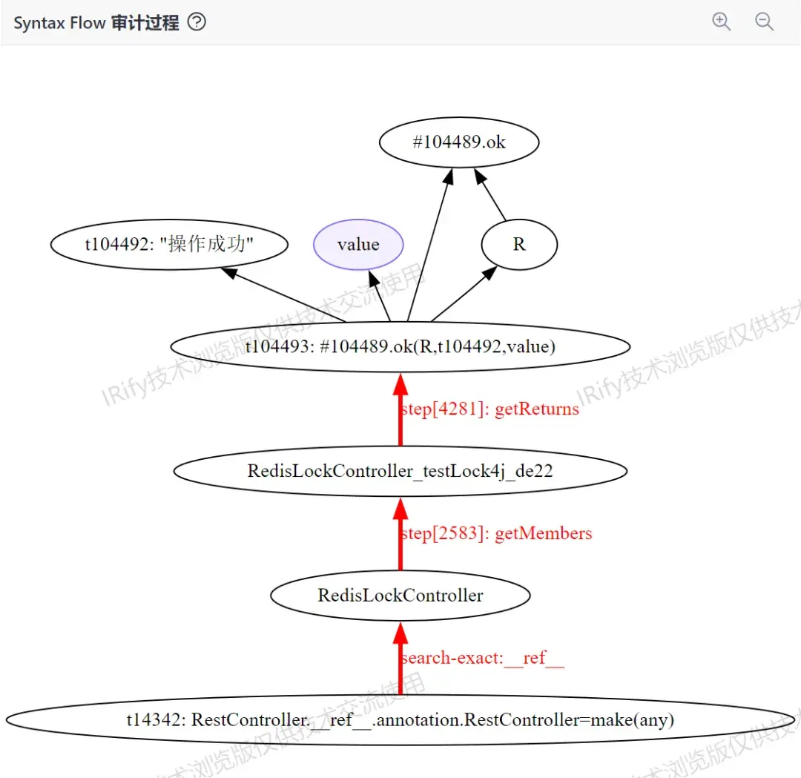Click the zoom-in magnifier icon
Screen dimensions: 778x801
pyautogui.click(x=721, y=22)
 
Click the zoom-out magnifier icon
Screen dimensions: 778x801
pyautogui.click(x=764, y=22)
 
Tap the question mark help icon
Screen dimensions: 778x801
pyautogui.click(x=197, y=22)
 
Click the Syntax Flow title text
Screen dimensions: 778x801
pyautogui.click(x=96, y=23)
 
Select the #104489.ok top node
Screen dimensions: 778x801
pyautogui.click(x=459, y=142)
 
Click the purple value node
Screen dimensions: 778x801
pyautogui.click(x=358, y=245)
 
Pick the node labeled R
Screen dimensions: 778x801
pyautogui.click(x=519, y=245)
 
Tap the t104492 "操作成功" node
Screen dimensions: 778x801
pyautogui.click(x=169, y=245)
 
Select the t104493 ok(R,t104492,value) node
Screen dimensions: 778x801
pyautogui.click(x=400, y=346)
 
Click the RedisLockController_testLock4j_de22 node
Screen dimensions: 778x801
pyautogui.click(x=400, y=471)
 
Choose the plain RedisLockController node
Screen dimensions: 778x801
pyautogui.click(x=400, y=596)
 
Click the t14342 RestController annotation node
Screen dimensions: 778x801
pyautogui.click(x=400, y=719)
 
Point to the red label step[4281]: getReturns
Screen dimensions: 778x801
pyautogui.click(x=489, y=409)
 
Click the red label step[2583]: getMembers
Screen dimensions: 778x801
pyautogui.click(x=496, y=533)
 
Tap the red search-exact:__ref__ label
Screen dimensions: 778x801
pyautogui.click(x=482, y=658)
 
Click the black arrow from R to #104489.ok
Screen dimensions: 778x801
pyautogui.click(x=491, y=197)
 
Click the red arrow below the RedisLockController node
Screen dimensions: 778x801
pyautogui.click(x=400, y=660)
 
